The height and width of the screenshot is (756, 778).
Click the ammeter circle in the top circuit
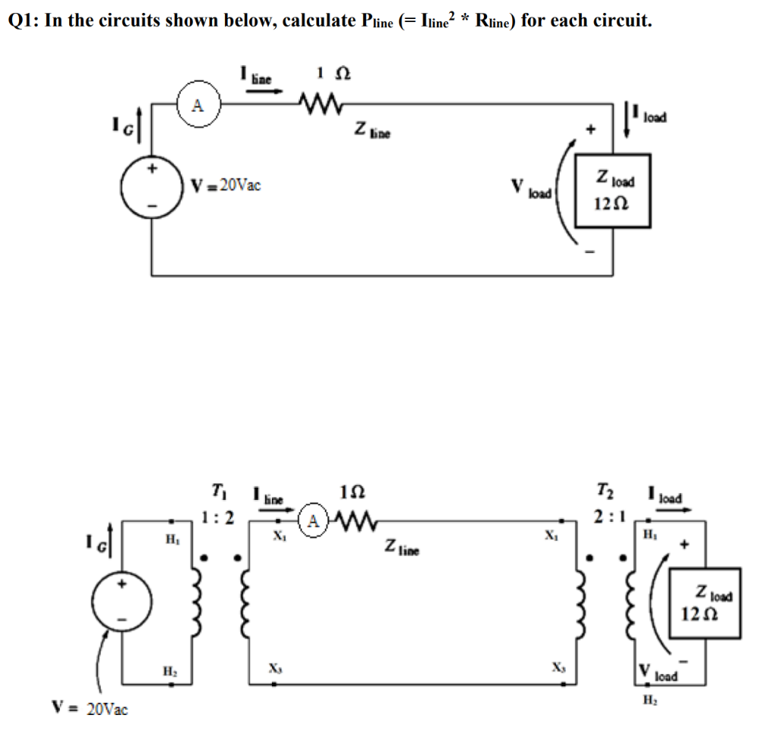[197, 106]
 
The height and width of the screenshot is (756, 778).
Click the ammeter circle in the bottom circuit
[313, 522]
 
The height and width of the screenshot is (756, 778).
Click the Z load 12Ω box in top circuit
[612, 191]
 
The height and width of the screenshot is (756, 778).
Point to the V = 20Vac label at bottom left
[89, 710]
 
